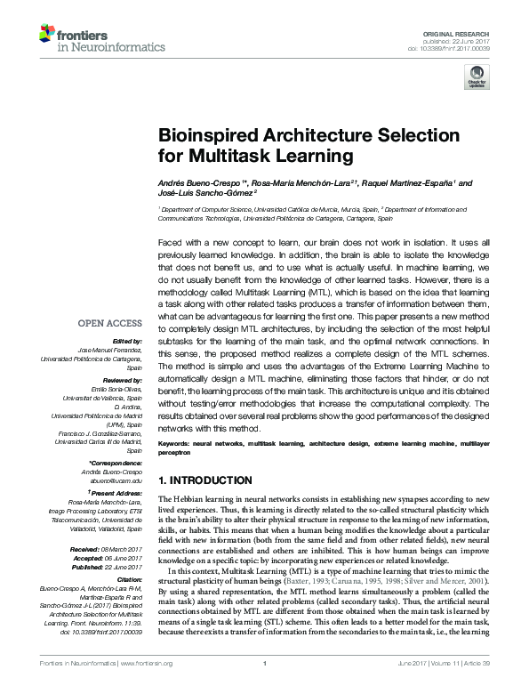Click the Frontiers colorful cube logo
click(46, 35)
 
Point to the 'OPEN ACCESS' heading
click(110, 323)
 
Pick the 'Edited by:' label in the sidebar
click(127, 341)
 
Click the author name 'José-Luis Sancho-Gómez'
click(205, 192)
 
